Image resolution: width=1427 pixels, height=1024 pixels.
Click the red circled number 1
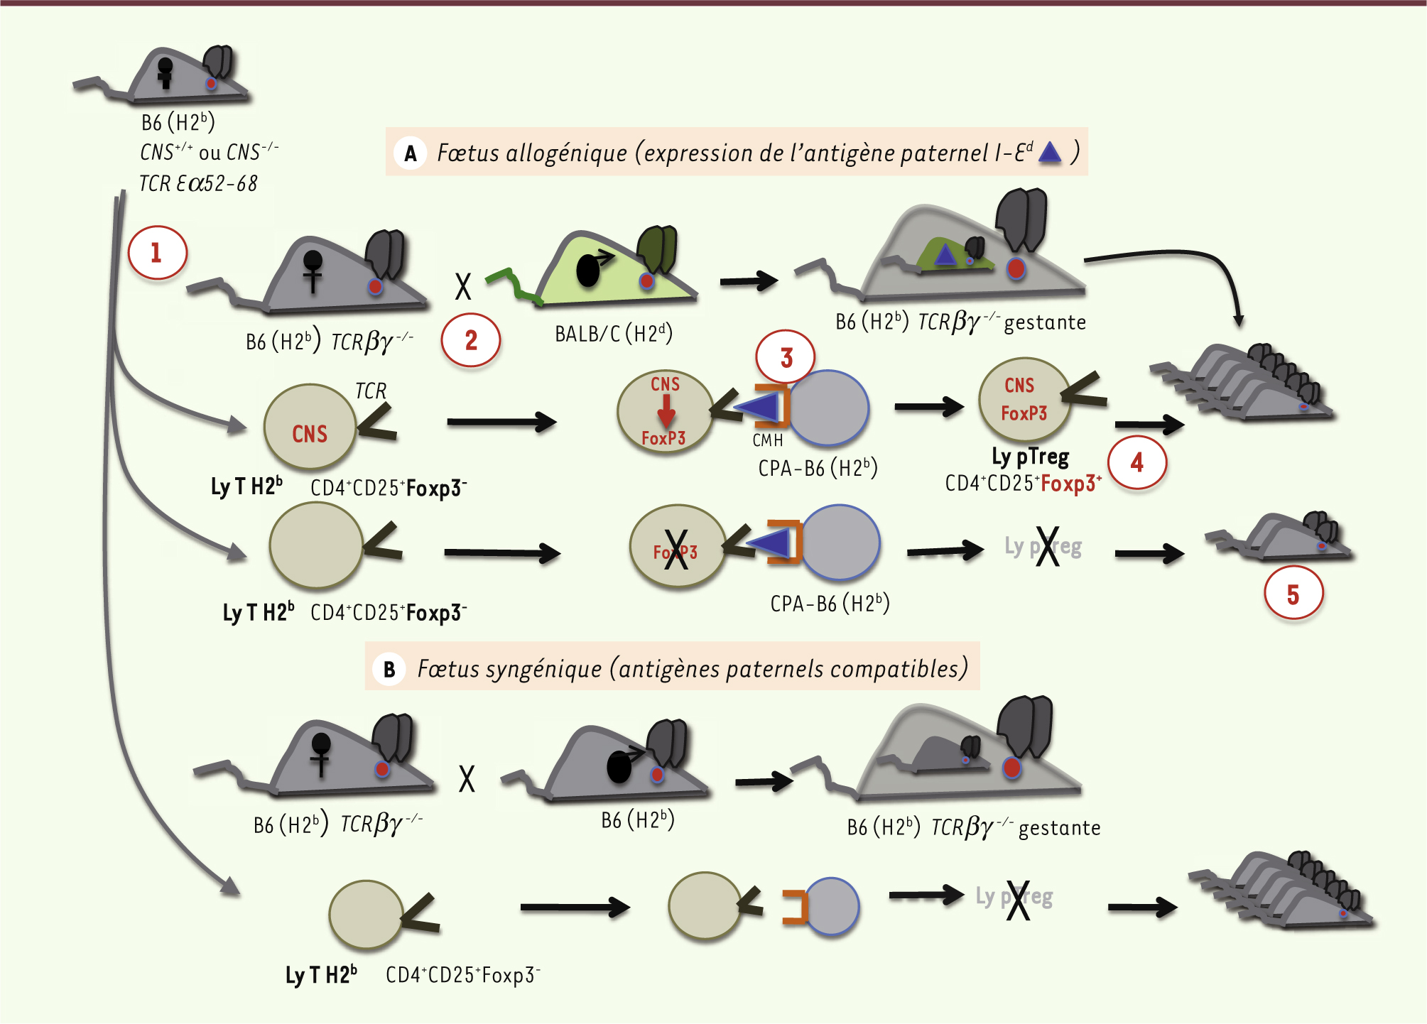(x=157, y=253)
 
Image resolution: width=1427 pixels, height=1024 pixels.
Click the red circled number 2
(x=471, y=341)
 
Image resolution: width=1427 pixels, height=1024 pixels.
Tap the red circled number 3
(x=786, y=358)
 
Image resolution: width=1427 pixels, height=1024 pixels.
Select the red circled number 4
(x=1137, y=463)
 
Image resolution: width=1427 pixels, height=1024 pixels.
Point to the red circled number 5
(x=1293, y=594)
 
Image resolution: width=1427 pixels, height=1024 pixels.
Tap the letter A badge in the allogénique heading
(x=411, y=153)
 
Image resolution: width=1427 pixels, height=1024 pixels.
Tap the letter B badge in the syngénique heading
(x=389, y=669)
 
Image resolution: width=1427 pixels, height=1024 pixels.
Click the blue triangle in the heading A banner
(x=1049, y=152)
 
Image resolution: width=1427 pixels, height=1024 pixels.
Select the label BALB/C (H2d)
(x=613, y=334)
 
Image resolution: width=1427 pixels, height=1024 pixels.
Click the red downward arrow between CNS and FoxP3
(x=666, y=410)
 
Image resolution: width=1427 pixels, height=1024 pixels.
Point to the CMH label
(x=767, y=441)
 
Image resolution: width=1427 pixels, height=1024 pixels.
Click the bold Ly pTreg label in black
(x=1030, y=457)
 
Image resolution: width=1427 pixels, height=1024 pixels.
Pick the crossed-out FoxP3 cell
(x=676, y=548)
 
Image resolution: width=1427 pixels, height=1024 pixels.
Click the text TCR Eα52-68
(x=197, y=184)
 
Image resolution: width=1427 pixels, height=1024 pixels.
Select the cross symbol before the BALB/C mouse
(x=463, y=287)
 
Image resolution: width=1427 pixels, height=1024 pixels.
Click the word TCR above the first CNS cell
(x=370, y=391)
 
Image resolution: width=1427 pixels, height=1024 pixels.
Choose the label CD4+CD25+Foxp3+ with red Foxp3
(x=1023, y=484)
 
